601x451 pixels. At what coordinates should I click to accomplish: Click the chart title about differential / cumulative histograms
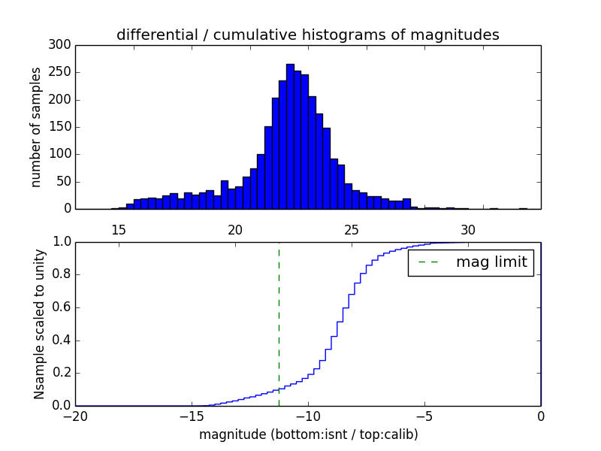[x=307, y=35]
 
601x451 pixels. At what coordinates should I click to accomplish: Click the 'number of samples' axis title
[x=36, y=127]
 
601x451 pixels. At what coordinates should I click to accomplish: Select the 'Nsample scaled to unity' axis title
[x=39, y=324]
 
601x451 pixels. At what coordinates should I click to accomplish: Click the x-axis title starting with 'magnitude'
[x=308, y=434]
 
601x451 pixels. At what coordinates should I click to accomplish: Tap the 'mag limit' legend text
[x=491, y=263]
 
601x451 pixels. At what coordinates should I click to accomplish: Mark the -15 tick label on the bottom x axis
[x=191, y=416]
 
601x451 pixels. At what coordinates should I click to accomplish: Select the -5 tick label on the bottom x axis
[x=424, y=416]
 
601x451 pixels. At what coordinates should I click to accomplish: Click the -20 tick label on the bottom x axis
[x=75, y=416]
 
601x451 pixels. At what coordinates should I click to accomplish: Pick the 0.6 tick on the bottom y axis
[x=62, y=307]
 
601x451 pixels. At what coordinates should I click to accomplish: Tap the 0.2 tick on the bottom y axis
[x=62, y=373]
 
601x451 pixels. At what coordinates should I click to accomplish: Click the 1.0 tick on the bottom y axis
[x=62, y=242]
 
